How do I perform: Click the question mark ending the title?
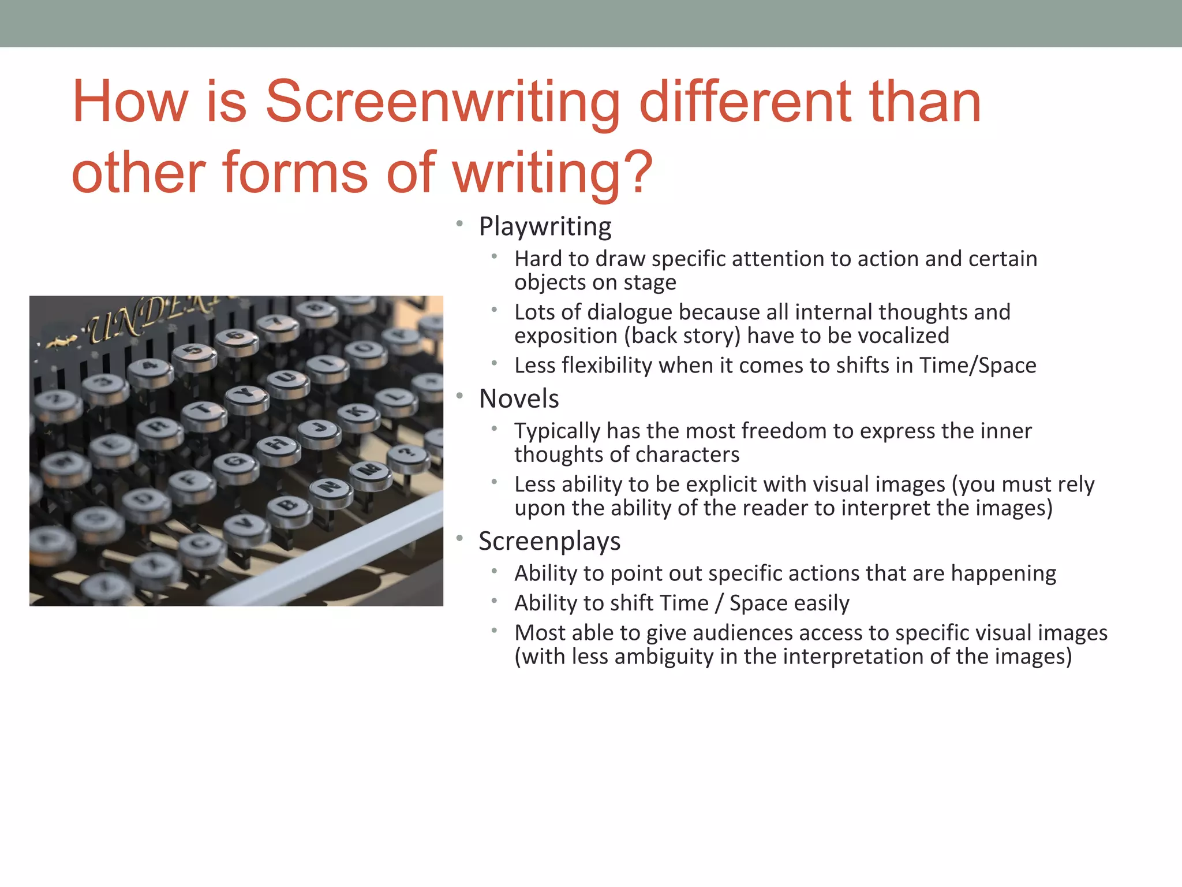(x=640, y=172)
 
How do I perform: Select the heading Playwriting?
(x=545, y=226)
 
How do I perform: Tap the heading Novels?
(x=519, y=398)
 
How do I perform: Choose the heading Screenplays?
(x=549, y=541)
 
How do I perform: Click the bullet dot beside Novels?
(x=459, y=396)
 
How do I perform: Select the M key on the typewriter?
(x=370, y=470)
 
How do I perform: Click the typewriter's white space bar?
(x=323, y=554)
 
